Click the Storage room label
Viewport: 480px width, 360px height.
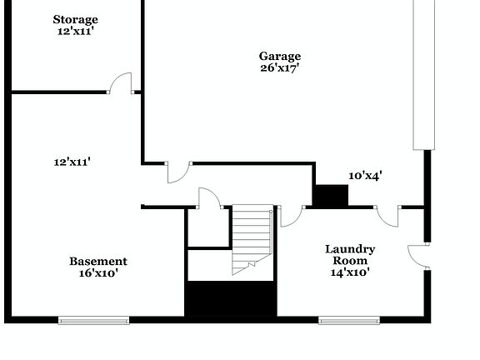pos(75,19)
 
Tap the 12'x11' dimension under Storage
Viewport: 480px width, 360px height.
pos(75,32)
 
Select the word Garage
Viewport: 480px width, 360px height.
pos(279,57)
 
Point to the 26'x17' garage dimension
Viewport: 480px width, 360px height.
pos(279,68)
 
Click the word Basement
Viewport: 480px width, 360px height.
pos(98,261)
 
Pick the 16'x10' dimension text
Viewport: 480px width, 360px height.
pos(98,273)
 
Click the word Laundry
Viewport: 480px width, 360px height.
pos(350,248)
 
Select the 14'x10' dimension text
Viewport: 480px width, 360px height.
pos(350,272)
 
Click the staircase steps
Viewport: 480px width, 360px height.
pos(252,237)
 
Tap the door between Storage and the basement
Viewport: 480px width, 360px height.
pos(122,83)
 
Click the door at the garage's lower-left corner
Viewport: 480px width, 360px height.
pos(178,172)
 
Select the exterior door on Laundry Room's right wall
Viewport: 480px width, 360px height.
pos(417,256)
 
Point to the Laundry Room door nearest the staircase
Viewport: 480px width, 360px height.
pos(290,216)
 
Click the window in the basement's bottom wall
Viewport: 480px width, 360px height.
pos(93,319)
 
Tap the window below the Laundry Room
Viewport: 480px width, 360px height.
pos(349,319)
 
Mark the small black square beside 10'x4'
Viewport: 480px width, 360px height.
pos(330,196)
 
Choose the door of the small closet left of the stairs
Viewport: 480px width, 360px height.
pos(208,198)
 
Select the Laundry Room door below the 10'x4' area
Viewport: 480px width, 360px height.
pos(387,215)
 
